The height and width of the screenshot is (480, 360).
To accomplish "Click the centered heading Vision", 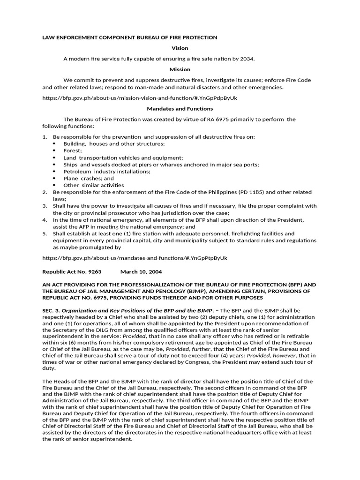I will pyautogui.click(x=180, y=48).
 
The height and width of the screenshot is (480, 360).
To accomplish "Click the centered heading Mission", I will pyautogui.click(x=180, y=69).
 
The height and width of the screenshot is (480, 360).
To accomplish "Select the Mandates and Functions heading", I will pyautogui.click(x=180, y=109).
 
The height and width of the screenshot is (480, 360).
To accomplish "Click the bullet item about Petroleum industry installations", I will pyautogui.click(x=107, y=172).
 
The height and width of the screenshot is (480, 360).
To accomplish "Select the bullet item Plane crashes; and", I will pyautogui.click(x=89, y=178).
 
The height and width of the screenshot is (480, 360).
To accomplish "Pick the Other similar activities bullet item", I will pyautogui.click(x=94, y=185).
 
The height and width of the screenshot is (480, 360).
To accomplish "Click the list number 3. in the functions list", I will pyautogui.click(x=45, y=206).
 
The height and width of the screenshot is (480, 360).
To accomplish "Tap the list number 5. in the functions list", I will pyautogui.click(x=45, y=233).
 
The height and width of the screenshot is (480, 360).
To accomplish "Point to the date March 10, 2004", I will pyautogui.click(x=141, y=271).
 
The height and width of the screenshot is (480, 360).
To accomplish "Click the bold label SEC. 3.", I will pyautogui.click(x=51, y=310).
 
